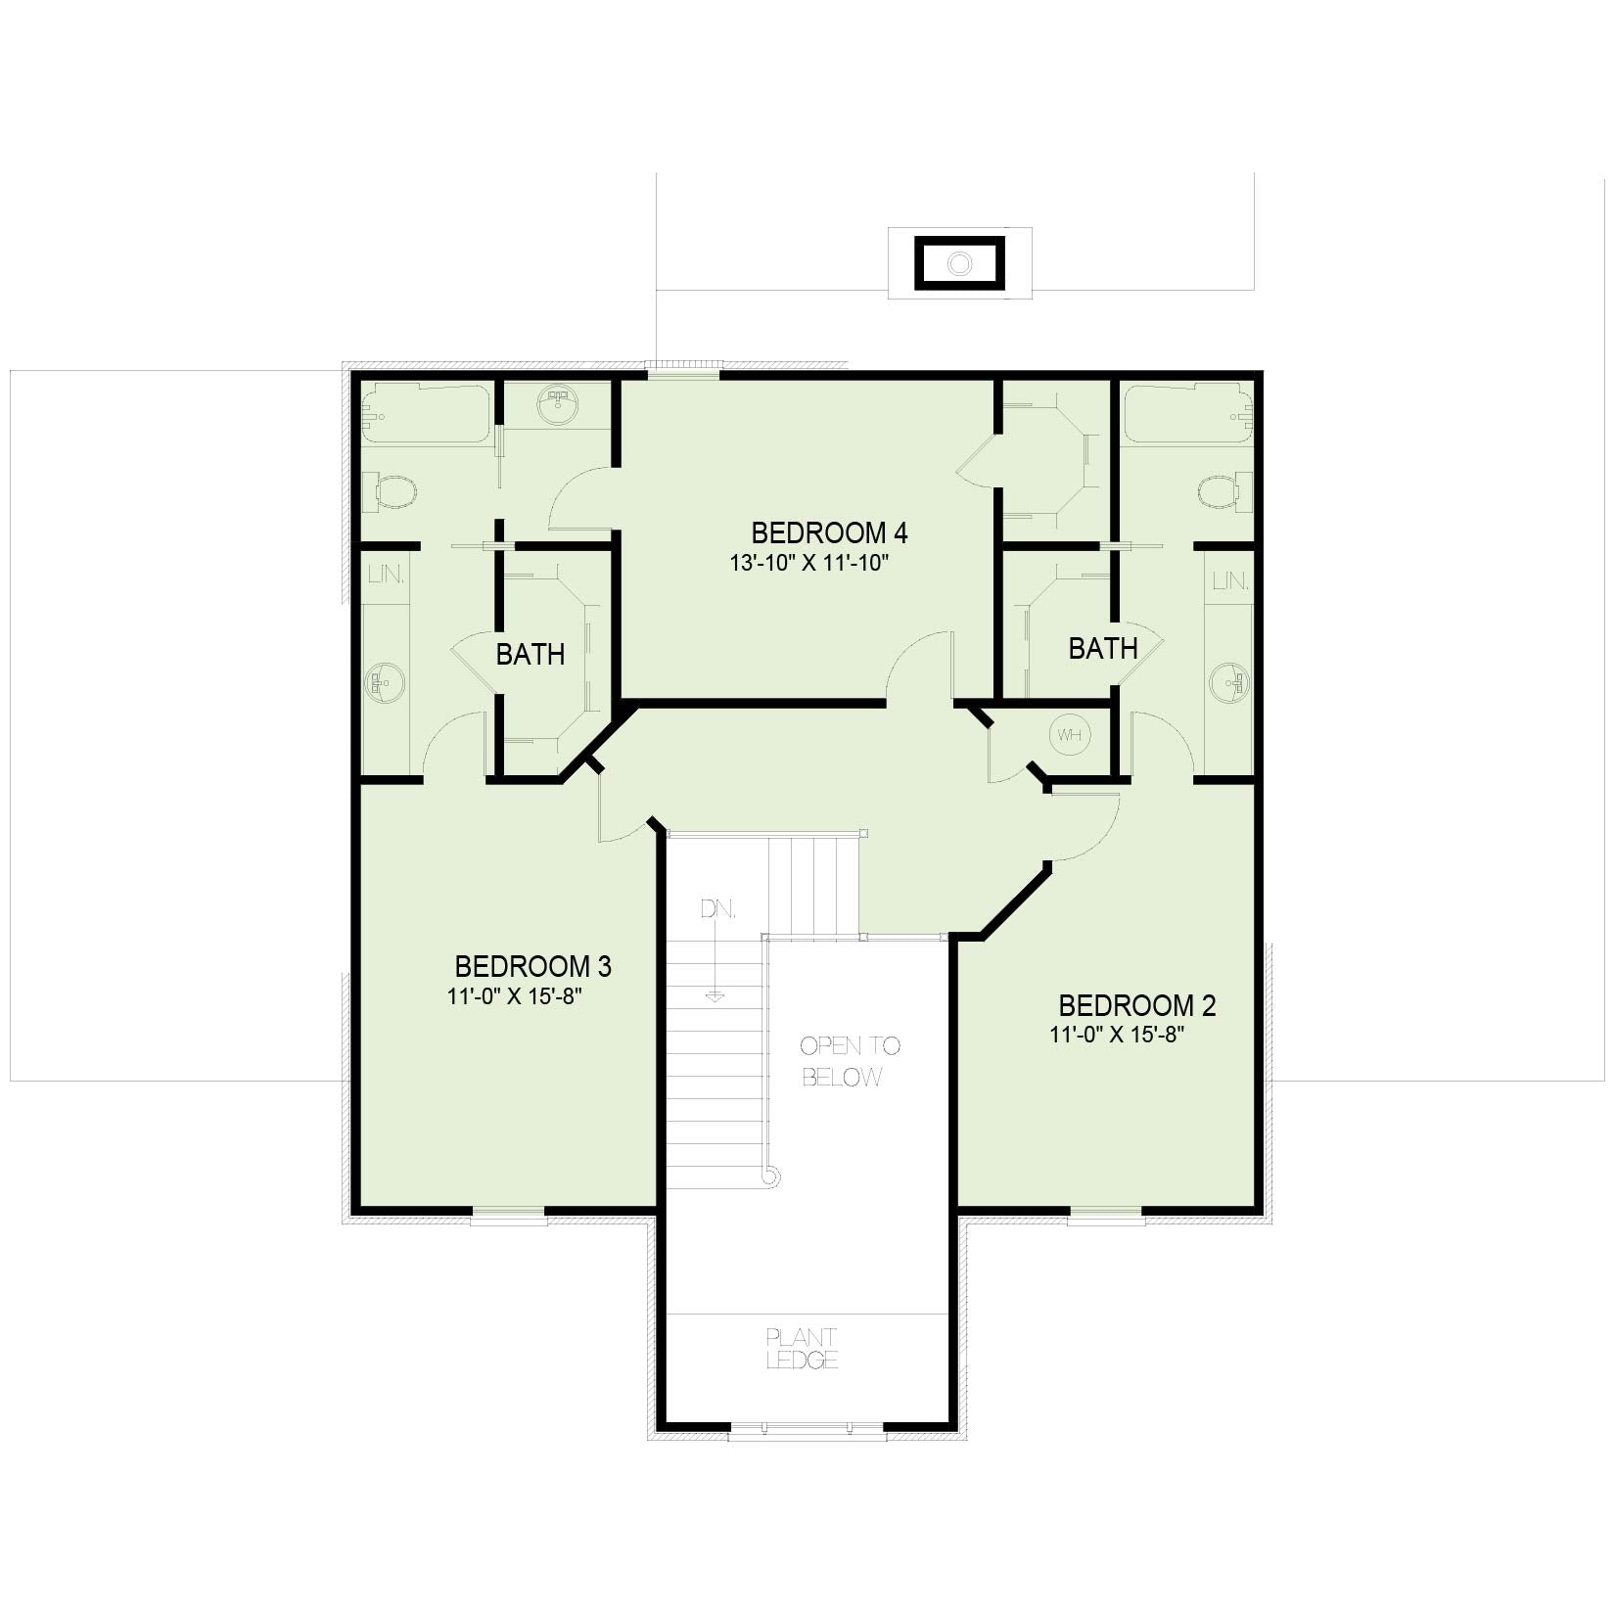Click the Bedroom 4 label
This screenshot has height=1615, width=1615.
click(x=829, y=533)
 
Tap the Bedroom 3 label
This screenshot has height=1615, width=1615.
click(x=533, y=967)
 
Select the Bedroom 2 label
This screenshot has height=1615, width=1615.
click(x=1137, y=1006)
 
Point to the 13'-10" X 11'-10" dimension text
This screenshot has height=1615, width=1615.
click(x=808, y=564)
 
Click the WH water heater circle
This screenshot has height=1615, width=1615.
click(x=1069, y=735)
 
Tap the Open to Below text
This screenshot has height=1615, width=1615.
click(x=850, y=1062)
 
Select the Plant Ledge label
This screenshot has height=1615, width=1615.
click(x=803, y=1349)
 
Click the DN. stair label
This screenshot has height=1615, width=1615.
click(x=717, y=909)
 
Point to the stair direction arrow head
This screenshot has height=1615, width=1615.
click(x=715, y=997)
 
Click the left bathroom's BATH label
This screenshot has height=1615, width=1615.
click(x=531, y=655)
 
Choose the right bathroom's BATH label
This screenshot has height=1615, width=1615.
click(x=1103, y=649)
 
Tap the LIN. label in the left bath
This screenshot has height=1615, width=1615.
click(x=387, y=575)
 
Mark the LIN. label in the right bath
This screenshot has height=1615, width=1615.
click(x=1231, y=581)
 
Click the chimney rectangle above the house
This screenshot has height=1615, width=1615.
click(x=960, y=263)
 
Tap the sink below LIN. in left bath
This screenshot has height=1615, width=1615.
click(x=385, y=681)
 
